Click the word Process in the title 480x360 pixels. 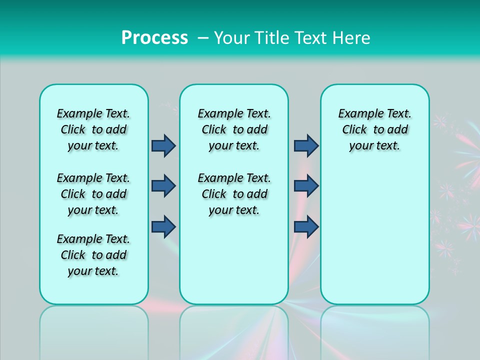pyautogui.click(x=154, y=37)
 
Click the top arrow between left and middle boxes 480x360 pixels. pyautogui.click(x=163, y=145)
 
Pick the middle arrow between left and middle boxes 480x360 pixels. pyautogui.click(x=163, y=186)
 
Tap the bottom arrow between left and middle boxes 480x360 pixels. pyautogui.click(x=163, y=226)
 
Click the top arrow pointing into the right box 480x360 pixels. pyautogui.click(x=306, y=145)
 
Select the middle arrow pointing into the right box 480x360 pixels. pyautogui.click(x=306, y=186)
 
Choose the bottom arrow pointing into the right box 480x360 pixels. pyautogui.click(x=306, y=226)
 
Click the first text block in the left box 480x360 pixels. pyautogui.click(x=93, y=129)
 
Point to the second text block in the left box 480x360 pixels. pyautogui.click(x=93, y=194)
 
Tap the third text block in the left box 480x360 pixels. pyautogui.click(x=93, y=255)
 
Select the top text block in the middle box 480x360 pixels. pyautogui.click(x=234, y=129)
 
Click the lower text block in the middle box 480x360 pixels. pyautogui.click(x=234, y=194)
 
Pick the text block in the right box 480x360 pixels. pyautogui.click(x=374, y=129)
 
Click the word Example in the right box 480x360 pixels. pyautogui.click(x=357, y=114)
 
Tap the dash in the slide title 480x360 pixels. pyautogui.click(x=203, y=38)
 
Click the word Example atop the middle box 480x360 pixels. pyautogui.click(x=216, y=114)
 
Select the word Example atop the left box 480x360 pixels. pyautogui.click(x=75, y=114)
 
